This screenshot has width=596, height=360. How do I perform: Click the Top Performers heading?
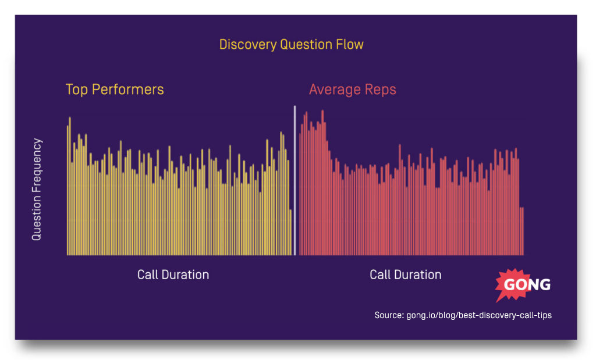115,90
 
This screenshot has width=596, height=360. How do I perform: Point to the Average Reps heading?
352,90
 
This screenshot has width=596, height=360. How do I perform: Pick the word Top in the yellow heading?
76,90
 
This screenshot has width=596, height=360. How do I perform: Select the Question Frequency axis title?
37,189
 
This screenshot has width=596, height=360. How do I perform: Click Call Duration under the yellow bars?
173,275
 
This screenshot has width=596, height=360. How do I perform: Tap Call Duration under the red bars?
405,275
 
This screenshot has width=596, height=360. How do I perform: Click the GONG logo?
522,285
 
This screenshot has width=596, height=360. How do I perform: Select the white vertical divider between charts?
295,180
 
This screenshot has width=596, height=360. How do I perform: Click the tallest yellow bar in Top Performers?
70,186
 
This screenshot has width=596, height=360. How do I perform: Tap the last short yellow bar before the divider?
290,233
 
